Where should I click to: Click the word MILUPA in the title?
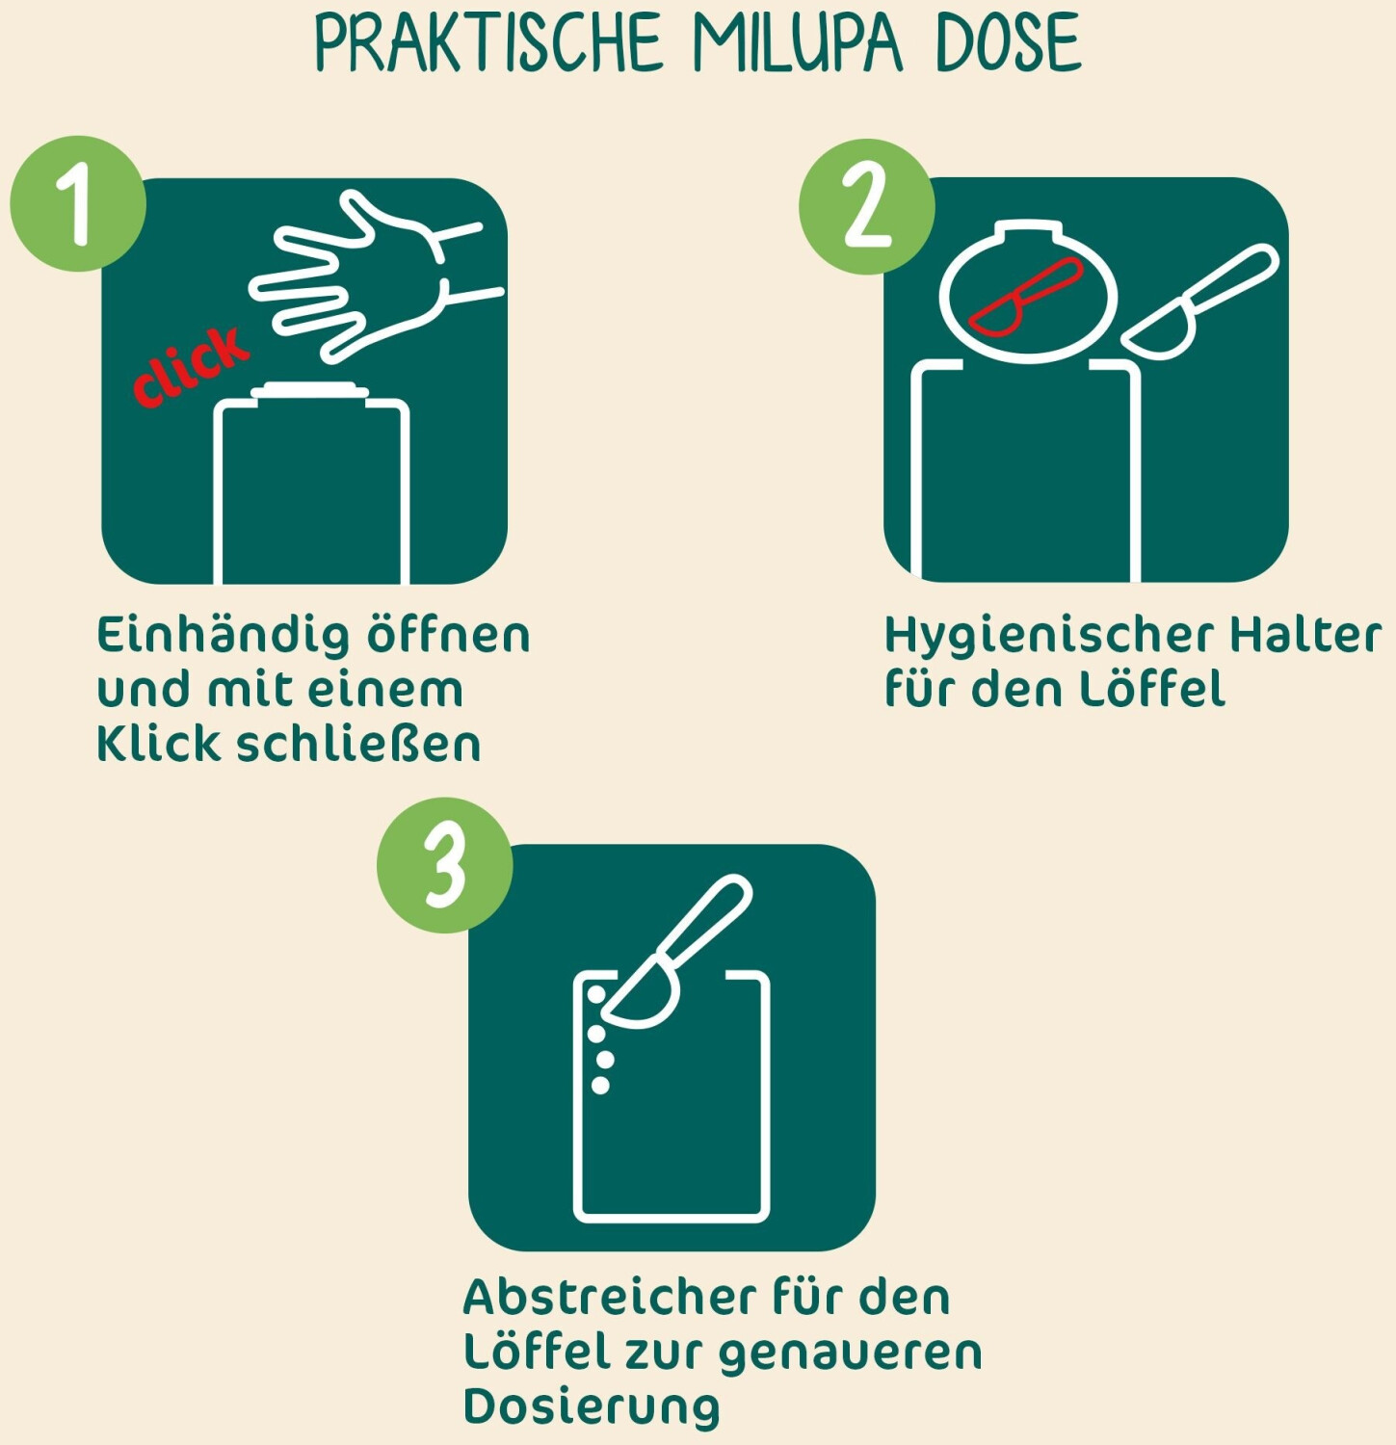(x=797, y=43)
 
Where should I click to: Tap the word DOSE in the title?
(x=1009, y=43)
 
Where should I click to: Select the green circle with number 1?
(x=78, y=203)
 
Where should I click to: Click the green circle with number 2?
(x=866, y=205)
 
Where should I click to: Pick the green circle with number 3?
(x=444, y=865)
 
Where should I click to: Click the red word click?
(x=190, y=365)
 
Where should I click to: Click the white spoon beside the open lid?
(x=1199, y=301)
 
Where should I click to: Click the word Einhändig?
(x=224, y=636)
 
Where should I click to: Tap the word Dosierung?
(x=592, y=1408)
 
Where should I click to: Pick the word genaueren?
(x=851, y=1353)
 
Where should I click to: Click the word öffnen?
(x=448, y=634)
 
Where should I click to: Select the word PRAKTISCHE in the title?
(x=487, y=43)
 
